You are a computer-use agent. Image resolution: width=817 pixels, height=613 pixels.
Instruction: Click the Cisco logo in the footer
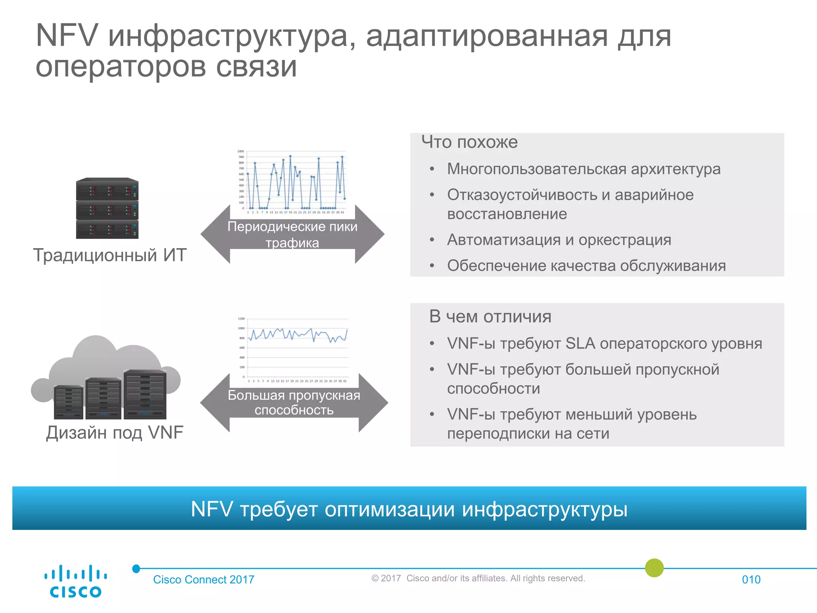(x=75, y=581)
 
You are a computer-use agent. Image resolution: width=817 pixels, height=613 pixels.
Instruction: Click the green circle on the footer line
(x=654, y=568)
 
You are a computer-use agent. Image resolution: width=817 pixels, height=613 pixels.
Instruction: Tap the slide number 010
(x=751, y=579)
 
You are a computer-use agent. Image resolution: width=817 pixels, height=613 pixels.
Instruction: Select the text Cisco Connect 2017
(x=203, y=579)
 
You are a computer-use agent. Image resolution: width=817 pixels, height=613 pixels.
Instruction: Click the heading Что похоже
(x=470, y=142)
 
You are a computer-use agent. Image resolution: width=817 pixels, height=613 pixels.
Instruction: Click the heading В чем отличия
(x=490, y=316)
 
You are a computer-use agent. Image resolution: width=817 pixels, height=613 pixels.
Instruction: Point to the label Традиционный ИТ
(x=110, y=255)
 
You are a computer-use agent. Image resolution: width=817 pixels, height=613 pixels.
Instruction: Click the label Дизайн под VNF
(x=114, y=432)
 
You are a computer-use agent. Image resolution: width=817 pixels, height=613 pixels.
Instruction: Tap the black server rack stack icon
(x=107, y=208)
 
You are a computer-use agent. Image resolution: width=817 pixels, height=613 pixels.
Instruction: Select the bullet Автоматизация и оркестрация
(x=558, y=240)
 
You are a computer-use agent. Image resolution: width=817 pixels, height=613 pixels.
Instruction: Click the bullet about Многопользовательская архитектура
(x=583, y=169)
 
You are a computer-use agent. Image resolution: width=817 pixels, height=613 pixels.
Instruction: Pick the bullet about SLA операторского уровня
(x=604, y=344)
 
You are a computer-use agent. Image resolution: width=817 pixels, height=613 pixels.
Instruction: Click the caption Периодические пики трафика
(x=292, y=235)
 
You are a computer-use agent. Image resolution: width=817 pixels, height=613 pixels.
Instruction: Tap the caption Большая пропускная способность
(x=294, y=403)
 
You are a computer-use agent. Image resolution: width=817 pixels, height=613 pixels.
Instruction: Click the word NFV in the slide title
(x=67, y=36)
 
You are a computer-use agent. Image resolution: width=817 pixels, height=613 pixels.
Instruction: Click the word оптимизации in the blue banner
(x=389, y=509)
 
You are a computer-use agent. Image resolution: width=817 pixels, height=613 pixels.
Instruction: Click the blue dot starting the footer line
(x=136, y=569)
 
